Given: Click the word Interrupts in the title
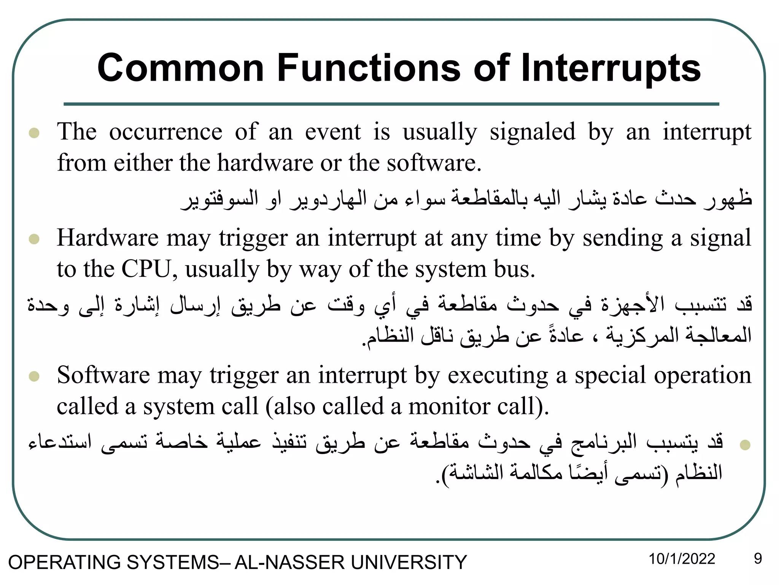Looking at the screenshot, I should (x=610, y=69).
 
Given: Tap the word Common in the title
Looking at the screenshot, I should (x=181, y=69).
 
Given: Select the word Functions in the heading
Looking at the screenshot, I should (x=369, y=69).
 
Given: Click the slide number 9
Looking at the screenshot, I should (x=758, y=559).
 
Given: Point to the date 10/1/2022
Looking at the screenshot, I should (x=682, y=559).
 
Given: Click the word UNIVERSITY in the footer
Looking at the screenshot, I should (x=409, y=563).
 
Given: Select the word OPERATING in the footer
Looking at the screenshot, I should (x=64, y=563).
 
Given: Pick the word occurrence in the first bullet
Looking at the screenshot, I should (x=165, y=132).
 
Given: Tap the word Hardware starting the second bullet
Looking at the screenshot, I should (x=107, y=238).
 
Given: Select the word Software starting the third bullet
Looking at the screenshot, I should (x=103, y=375).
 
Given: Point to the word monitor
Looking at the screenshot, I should (x=449, y=406).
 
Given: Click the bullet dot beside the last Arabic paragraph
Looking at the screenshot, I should (x=745, y=444).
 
